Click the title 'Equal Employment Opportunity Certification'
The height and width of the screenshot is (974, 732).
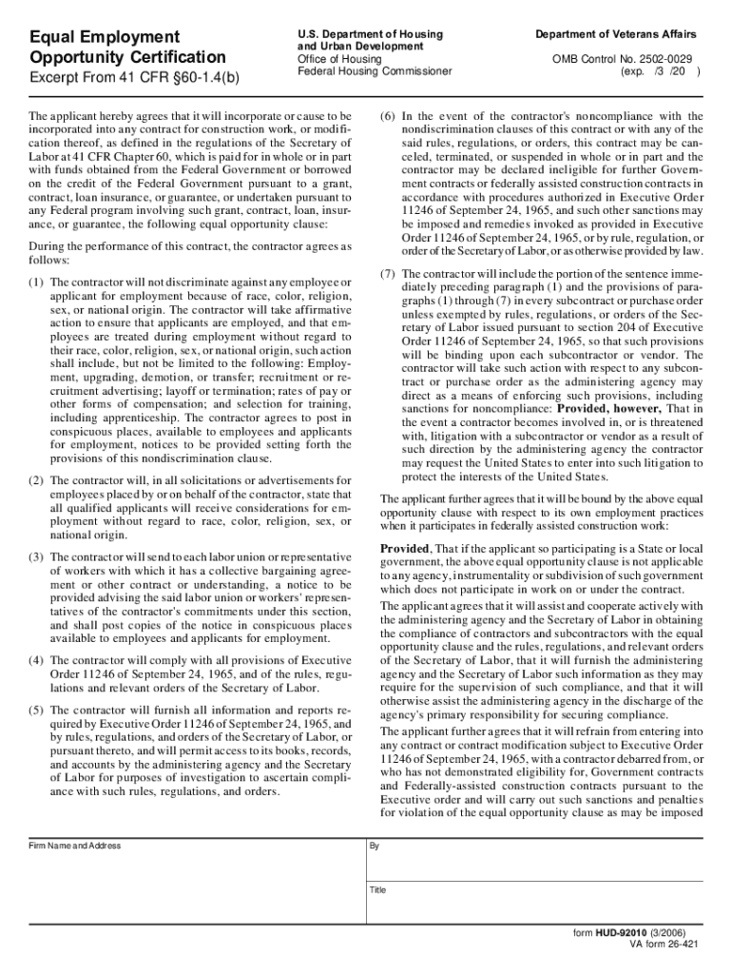pos(127,48)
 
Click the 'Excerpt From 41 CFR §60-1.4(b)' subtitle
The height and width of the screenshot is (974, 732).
pos(134,77)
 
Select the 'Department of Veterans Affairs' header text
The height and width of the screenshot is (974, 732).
pos(617,33)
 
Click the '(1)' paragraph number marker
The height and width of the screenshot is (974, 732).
pos(36,282)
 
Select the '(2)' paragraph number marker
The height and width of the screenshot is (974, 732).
pos(36,481)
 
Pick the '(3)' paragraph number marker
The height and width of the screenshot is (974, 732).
pos(36,556)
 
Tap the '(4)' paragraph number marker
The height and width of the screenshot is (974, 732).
pos(36,659)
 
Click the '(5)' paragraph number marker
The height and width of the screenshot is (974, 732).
pos(36,711)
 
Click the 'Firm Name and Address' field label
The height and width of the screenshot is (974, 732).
pos(74,846)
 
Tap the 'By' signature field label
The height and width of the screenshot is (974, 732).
pos(375,846)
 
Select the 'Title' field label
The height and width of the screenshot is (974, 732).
pos(377,890)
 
